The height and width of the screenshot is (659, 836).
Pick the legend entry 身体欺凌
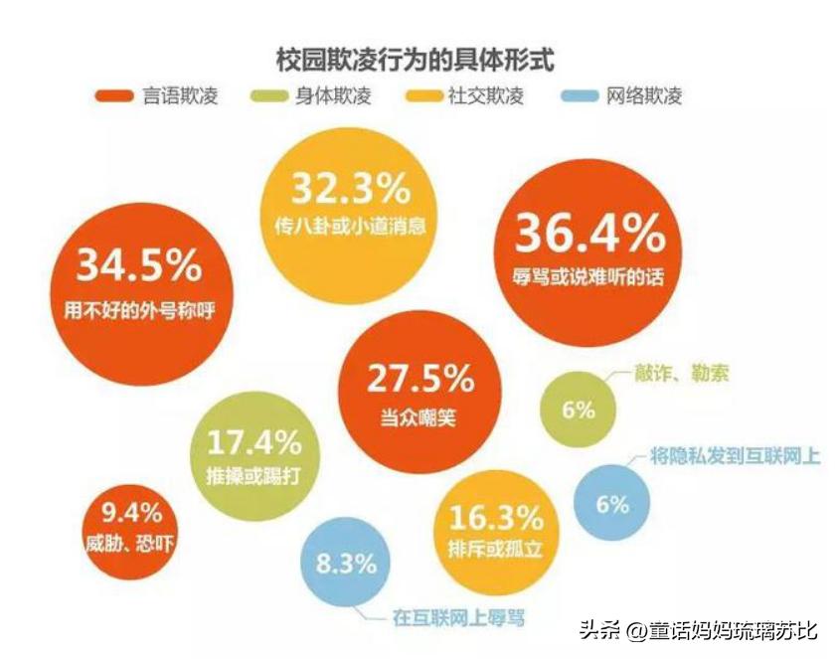tap(319, 96)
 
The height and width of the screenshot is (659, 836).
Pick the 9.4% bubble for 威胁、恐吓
tap(133, 529)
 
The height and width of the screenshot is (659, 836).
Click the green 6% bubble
tap(578, 409)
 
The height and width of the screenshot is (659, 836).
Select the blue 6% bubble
tap(612, 503)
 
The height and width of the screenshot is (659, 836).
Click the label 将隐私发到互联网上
tap(734, 456)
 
